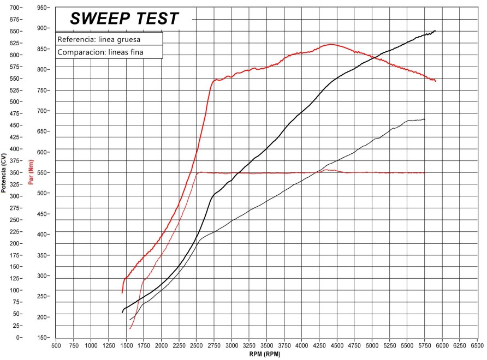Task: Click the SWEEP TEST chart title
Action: [124, 19]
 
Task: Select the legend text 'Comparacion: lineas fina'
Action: [100, 52]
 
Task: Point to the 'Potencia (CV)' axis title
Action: [4, 173]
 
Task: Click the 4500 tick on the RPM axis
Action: [337, 346]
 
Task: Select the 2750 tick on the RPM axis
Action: [214, 346]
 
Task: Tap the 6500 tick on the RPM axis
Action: [477, 346]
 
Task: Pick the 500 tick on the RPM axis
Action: [56, 346]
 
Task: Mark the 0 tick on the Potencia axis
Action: [19, 338]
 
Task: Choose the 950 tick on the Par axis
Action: [41, 8]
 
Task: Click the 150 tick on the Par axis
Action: [41, 338]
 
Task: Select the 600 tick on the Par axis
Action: [41, 152]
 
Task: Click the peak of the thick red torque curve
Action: [331, 44]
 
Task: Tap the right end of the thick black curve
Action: [435, 31]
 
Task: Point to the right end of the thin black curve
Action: [424, 119]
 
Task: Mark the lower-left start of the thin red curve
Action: [130, 328]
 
